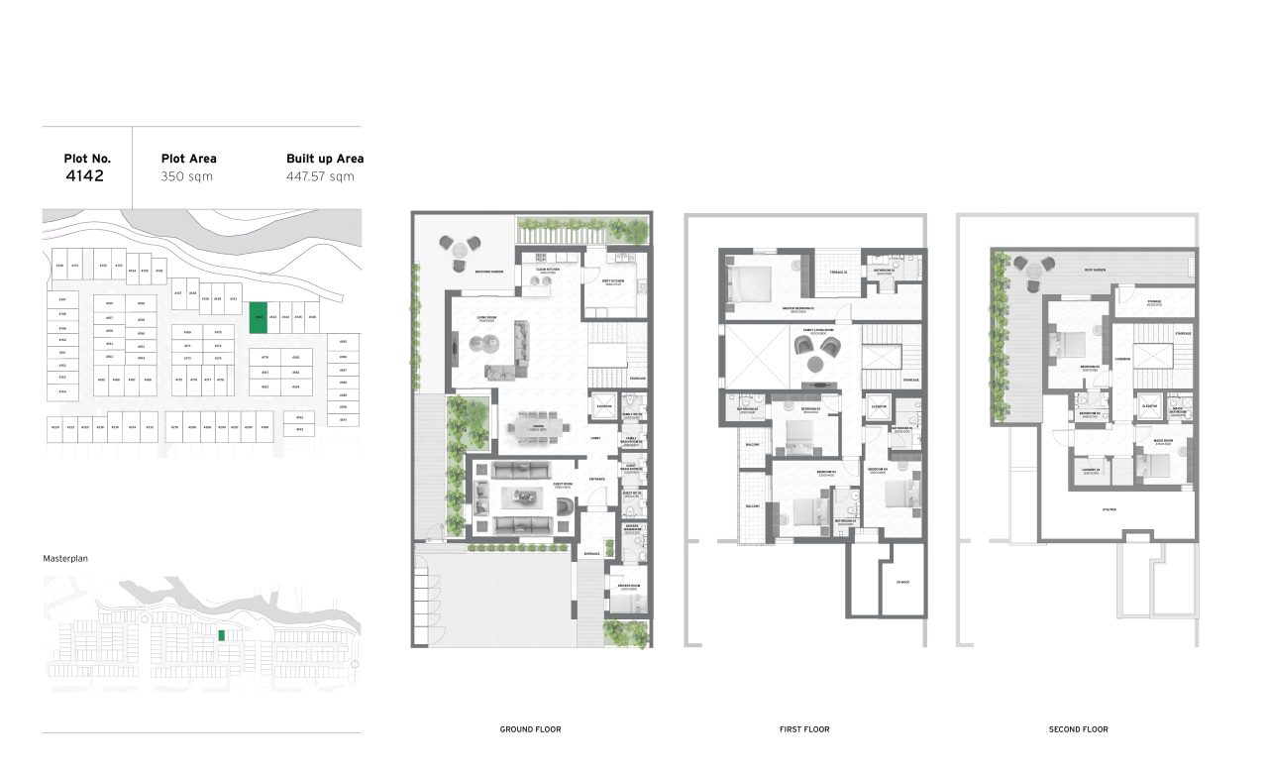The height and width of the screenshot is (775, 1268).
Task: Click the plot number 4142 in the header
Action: pos(84,176)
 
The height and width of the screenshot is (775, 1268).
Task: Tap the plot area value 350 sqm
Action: pos(187,176)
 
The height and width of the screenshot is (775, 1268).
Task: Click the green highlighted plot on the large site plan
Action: pos(258,315)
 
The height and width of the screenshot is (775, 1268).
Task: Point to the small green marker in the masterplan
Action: pos(222,634)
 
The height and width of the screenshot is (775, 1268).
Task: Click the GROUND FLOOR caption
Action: pos(531,729)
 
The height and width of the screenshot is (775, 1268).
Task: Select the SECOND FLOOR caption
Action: pos(1078,729)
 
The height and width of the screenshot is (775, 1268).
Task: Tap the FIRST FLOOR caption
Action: pos(804,729)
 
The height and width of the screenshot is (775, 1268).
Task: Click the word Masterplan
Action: pos(65,559)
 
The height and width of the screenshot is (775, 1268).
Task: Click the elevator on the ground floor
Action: pos(604,407)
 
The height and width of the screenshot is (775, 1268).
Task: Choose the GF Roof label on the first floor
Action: pos(902,583)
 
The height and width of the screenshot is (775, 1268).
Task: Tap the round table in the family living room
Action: pos(814,364)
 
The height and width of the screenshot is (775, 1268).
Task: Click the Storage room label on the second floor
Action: pos(1154,302)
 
